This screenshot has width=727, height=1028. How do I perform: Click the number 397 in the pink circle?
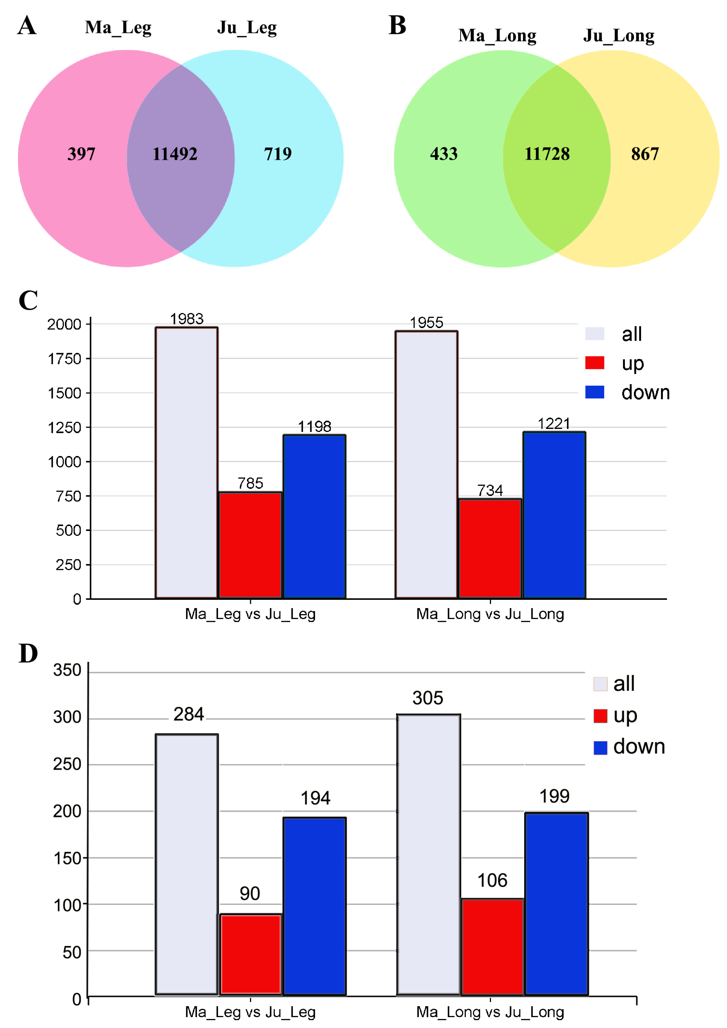coord(81,154)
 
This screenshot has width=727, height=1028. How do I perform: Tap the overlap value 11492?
coord(175,154)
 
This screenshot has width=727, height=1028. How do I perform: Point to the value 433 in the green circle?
coord(444,154)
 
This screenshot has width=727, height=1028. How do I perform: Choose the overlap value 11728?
coord(547,154)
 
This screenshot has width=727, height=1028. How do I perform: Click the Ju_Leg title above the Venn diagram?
coord(247,28)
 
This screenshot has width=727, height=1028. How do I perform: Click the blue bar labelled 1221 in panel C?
coord(554,515)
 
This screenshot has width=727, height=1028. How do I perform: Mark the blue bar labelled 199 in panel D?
coord(556,904)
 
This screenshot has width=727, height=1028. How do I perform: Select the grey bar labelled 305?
coord(428,855)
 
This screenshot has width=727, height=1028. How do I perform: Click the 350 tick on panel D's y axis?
coord(67,670)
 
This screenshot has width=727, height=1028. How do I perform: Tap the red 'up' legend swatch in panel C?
coord(594,363)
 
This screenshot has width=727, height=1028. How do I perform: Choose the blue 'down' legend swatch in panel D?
coord(600,747)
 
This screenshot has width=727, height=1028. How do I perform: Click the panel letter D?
coord(28,654)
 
